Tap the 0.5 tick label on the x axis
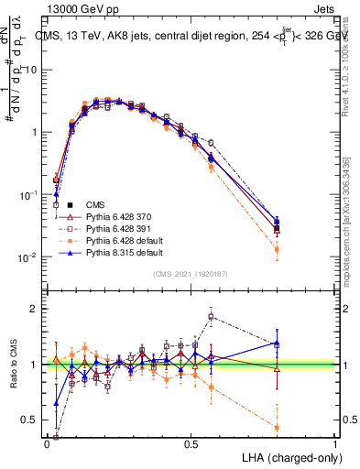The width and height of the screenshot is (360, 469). (x=191, y=443)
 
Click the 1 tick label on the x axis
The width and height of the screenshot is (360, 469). (x=335, y=443)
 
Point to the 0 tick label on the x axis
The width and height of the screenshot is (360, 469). (x=47, y=443)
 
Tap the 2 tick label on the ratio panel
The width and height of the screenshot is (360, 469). (x=36, y=309)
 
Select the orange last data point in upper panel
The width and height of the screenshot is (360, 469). (x=277, y=249)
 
